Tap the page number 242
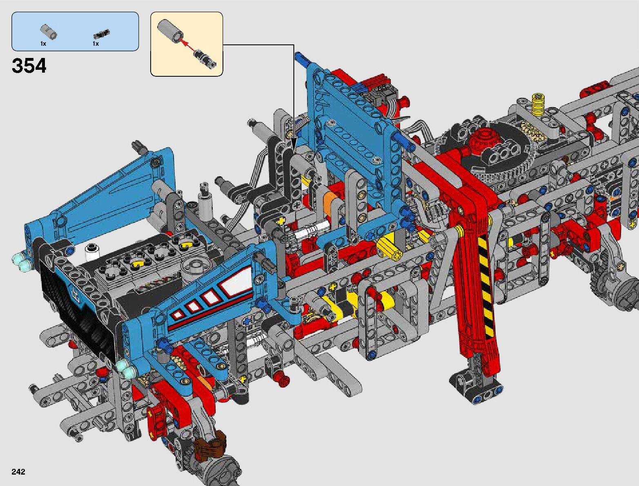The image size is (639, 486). point(18,471)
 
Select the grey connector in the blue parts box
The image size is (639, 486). point(48,31)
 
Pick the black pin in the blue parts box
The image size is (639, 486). point(102,34)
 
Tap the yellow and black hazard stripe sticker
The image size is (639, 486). point(484,284)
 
